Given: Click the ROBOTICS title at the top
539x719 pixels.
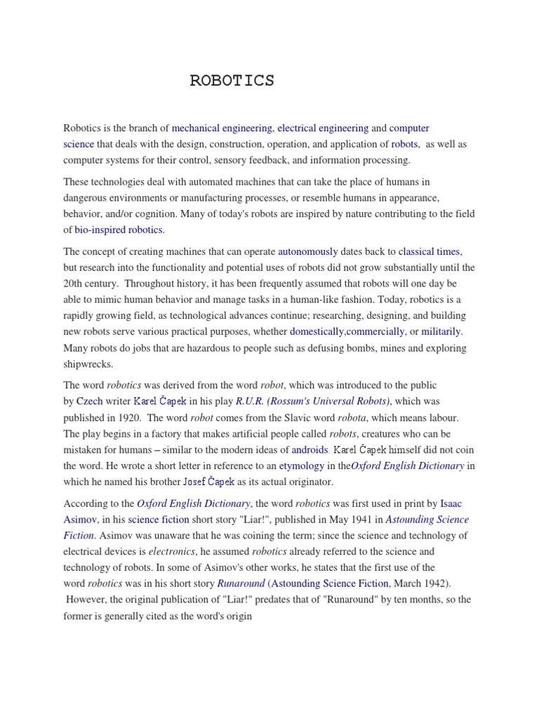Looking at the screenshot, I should (232, 81).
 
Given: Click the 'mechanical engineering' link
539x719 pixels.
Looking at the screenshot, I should (222, 128).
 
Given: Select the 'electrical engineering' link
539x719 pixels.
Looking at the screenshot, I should (323, 128).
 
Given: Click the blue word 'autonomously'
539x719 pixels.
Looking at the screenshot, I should (308, 251).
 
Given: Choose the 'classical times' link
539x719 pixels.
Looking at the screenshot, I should (430, 251).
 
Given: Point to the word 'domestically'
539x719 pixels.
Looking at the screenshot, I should (317, 331).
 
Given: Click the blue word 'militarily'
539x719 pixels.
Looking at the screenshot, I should (441, 331).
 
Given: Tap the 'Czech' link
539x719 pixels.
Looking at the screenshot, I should (89, 401).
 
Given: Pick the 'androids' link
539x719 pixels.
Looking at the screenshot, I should (310, 449).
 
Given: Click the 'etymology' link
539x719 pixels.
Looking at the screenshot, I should (302, 466).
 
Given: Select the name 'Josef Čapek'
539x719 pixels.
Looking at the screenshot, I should (208, 482).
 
